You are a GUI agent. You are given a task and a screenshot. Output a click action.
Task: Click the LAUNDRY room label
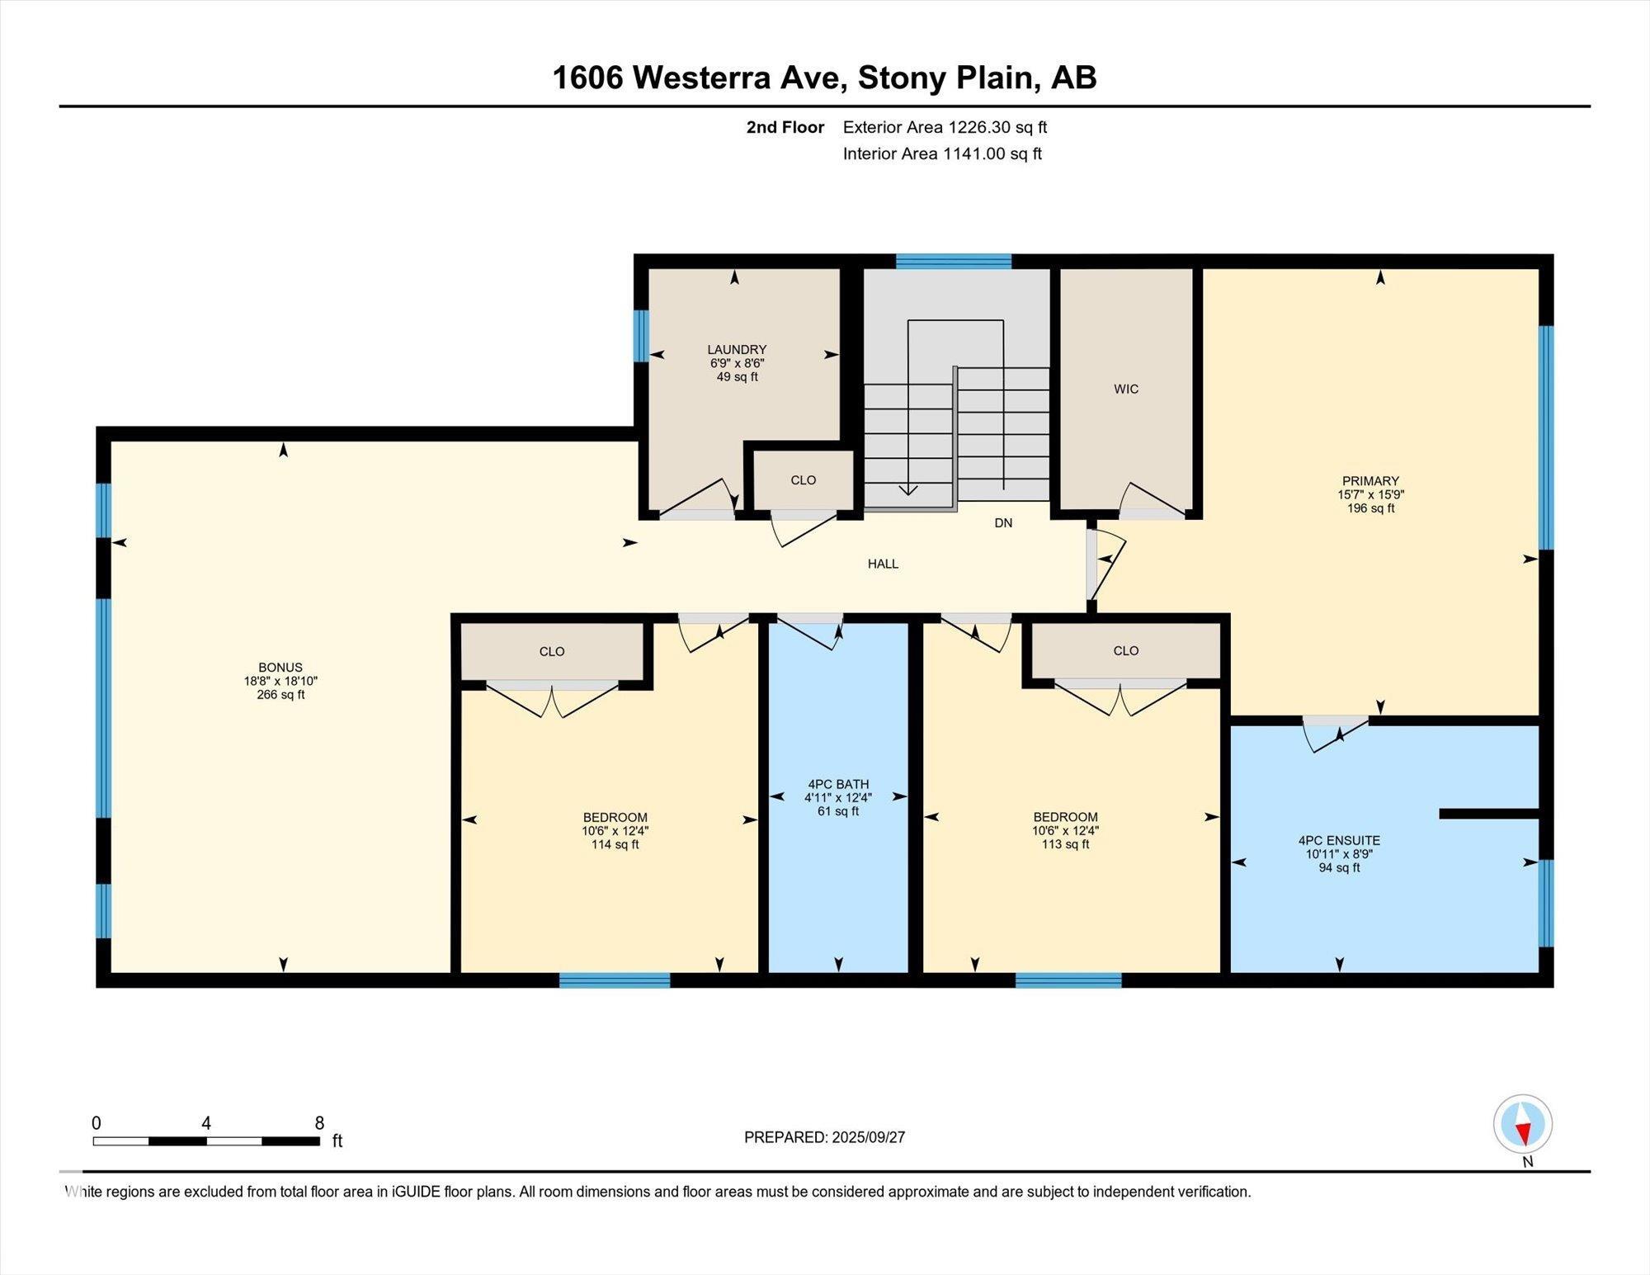737,349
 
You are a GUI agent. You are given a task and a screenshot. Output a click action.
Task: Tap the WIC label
1126,389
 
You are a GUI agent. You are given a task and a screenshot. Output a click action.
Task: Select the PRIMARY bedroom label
1370,481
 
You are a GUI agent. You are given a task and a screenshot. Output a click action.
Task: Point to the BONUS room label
280,668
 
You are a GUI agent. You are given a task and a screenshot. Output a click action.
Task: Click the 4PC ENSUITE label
1339,841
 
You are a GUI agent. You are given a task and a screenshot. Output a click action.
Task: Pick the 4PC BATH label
838,785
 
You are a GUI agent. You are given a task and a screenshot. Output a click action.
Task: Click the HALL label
883,564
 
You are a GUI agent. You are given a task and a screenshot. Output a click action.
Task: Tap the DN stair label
1003,523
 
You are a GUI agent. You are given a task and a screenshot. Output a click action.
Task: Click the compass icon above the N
1523,1124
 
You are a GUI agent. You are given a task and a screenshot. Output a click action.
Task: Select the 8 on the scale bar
319,1123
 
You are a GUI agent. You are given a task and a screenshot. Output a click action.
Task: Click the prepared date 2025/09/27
869,1137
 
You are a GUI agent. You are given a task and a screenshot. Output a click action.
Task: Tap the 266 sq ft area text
280,695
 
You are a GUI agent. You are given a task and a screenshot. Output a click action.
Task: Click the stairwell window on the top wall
954,262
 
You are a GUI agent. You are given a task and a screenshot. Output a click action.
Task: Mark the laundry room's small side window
640,336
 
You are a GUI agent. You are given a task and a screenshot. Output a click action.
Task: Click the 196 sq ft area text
1370,508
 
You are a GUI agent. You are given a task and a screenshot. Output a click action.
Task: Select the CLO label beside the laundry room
803,480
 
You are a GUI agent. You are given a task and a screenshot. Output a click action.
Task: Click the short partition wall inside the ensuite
1489,814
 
